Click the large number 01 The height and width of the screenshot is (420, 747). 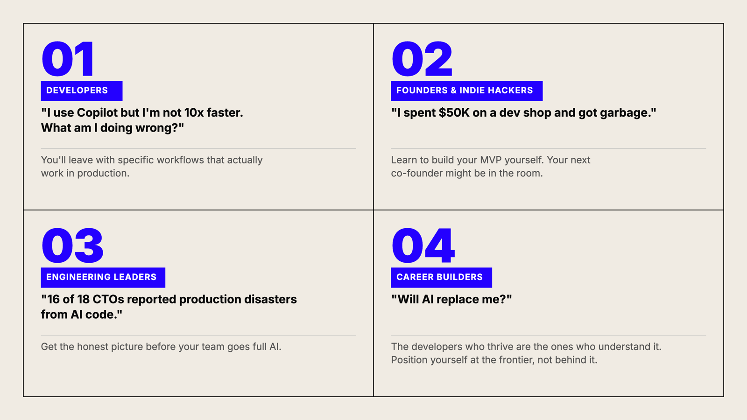pos(68,59)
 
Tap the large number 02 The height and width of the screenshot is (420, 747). pos(422,59)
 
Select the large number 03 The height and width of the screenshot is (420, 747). pos(72,245)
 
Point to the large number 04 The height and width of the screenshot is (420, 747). pos(423,245)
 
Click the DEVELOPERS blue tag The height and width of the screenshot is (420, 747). pos(82,91)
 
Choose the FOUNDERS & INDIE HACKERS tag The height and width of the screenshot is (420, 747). pos(466,91)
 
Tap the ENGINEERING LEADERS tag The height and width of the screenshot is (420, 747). pos(103,277)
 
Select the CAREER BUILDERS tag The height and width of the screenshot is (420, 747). pos(441,277)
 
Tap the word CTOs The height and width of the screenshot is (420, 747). pos(108,299)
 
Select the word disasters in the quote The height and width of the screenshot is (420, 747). pos(270,299)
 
